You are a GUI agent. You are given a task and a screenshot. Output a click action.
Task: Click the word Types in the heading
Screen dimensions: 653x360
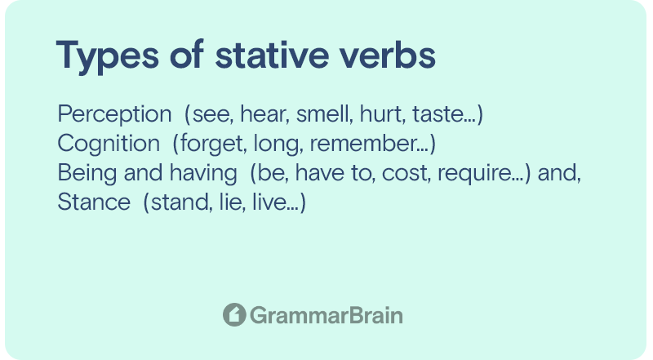pyautogui.click(x=108, y=56)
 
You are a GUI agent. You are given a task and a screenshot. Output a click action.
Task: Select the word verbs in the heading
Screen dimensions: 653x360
pyautogui.click(x=388, y=55)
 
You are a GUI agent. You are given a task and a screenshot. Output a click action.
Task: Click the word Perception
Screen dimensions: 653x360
pyautogui.click(x=114, y=114)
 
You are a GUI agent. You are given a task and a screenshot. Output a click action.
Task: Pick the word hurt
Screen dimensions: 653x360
pyautogui.click(x=381, y=113)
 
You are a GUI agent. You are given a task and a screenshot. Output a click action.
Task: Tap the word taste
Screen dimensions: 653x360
pyautogui.click(x=436, y=114)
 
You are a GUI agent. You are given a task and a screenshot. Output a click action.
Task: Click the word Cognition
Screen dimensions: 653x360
pyautogui.click(x=109, y=144)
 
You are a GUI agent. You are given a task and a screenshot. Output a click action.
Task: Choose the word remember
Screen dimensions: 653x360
pyautogui.click(x=362, y=144)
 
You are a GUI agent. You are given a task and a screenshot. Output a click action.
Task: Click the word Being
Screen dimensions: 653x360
pyautogui.click(x=87, y=173)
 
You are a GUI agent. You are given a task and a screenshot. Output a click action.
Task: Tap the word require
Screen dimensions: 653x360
pyautogui.click(x=473, y=173)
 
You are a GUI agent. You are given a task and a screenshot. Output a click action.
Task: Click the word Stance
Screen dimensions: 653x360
pyautogui.click(x=94, y=202)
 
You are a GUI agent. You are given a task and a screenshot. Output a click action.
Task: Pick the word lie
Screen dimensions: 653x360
pyautogui.click(x=224, y=202)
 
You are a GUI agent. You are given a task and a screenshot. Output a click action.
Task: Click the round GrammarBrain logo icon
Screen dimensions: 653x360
pyautogui.click(x=234, y=314)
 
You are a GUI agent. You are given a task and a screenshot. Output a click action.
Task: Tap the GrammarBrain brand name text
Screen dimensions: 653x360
pyautogui.click(x=326, y=315)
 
